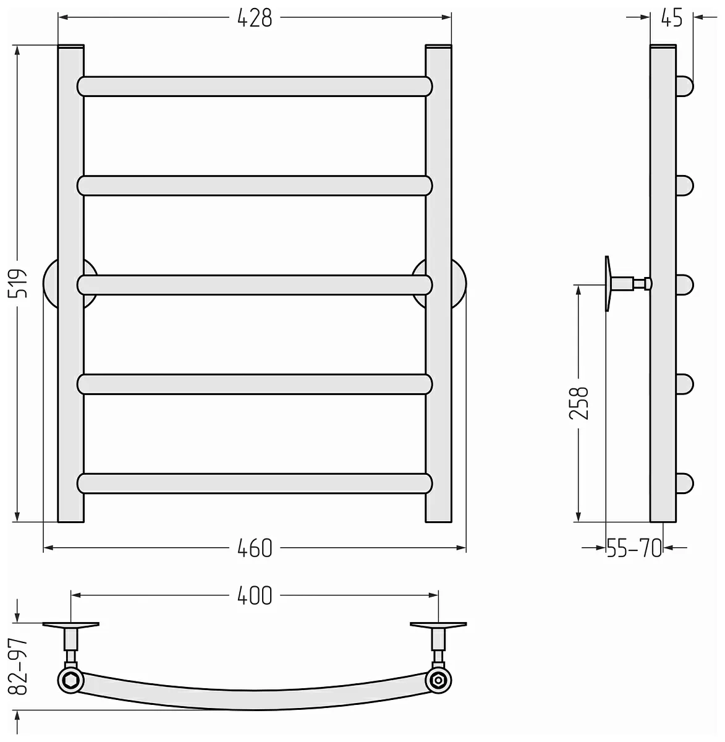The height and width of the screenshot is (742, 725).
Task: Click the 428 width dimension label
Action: (x=255, y=17)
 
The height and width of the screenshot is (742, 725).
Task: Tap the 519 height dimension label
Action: (x=19, y=283)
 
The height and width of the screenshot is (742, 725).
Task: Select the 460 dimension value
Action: (x=255, y=548)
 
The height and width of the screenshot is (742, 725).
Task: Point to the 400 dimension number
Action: (x=255, y=595)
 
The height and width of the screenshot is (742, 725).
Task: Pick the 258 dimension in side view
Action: (x=579, y=403)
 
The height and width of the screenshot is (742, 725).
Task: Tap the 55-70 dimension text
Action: (x=634, y=548)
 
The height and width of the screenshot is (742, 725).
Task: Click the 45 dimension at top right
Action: (x=672, y=17)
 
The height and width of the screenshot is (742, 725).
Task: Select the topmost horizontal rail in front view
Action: (x=255, y=86)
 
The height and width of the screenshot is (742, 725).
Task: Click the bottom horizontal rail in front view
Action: (x=255, y=484)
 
